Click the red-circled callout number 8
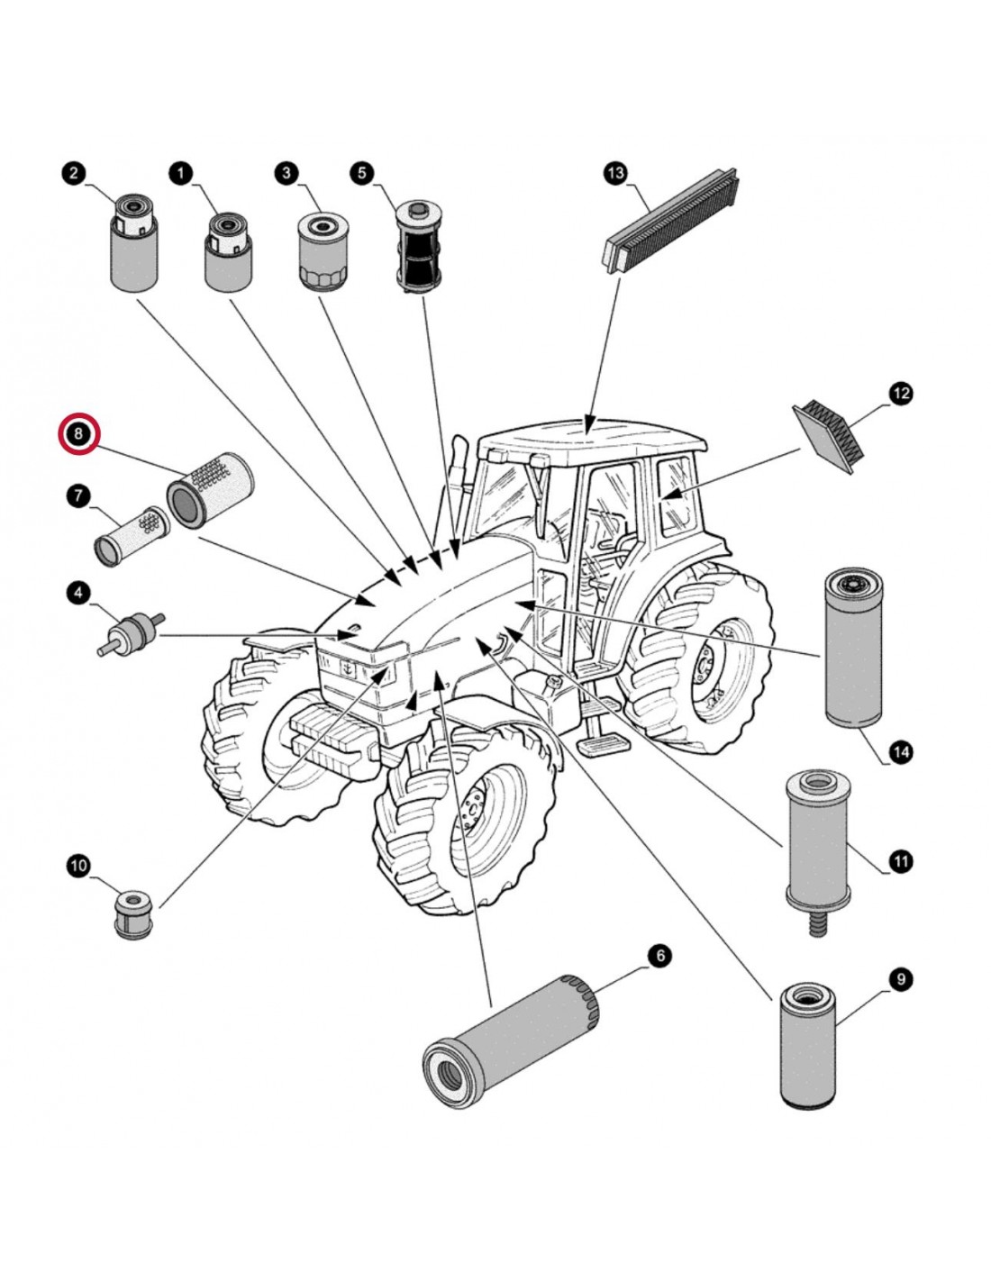coord(79,434)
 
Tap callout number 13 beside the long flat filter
coord(615,173)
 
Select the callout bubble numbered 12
coord(900,394)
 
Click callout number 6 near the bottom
coord(659,955)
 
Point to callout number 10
coord(79,866)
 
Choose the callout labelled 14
coord(900,751)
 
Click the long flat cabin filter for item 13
coord(671,218)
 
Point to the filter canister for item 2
coord(133,245)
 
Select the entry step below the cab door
coord(598,740)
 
